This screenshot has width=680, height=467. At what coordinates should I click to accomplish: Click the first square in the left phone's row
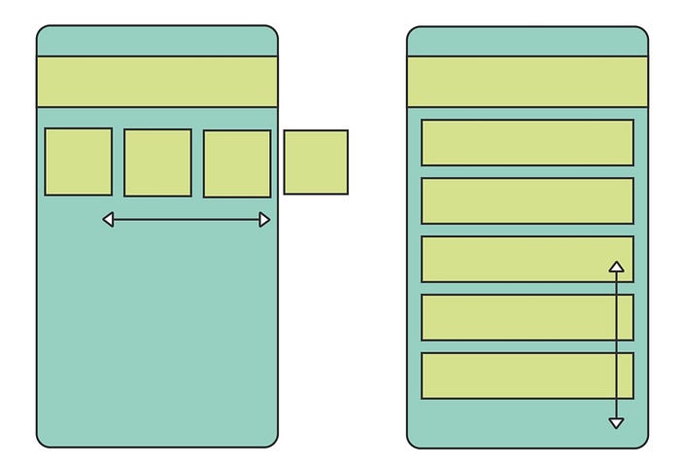tap(78, 162)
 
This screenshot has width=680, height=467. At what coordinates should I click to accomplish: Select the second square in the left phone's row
tap(157, 162)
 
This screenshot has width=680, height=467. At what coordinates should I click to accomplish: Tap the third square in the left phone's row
tap(237, 163)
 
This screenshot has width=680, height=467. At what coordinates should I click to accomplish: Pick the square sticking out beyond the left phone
tap(316, 162)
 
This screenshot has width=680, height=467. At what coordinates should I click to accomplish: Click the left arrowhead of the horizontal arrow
tap(109, 220)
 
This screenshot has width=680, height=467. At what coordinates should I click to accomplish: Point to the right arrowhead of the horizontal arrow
tap(265, 220)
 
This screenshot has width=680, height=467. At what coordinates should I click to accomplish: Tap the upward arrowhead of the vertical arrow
tap(616, 266)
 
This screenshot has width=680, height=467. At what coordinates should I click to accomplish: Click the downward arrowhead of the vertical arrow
tap(616, 422)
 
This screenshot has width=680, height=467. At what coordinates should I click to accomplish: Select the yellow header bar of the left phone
tap(157, 82)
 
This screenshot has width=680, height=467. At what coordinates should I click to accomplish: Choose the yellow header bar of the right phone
tap(527, 82)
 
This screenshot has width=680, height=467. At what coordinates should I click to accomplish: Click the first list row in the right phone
tap(527, 142)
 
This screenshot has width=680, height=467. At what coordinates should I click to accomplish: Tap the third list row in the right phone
tap(515, 259)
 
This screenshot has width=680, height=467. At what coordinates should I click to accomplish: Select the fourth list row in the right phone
tap(515, 317)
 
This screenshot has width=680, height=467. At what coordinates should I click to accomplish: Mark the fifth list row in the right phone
tap(515, 376)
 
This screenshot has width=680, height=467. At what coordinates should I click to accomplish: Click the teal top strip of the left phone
tap(157, 42)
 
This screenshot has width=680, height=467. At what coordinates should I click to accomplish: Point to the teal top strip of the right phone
tap(527, 42)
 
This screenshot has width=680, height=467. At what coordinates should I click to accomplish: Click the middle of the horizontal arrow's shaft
tap(187, 220)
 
